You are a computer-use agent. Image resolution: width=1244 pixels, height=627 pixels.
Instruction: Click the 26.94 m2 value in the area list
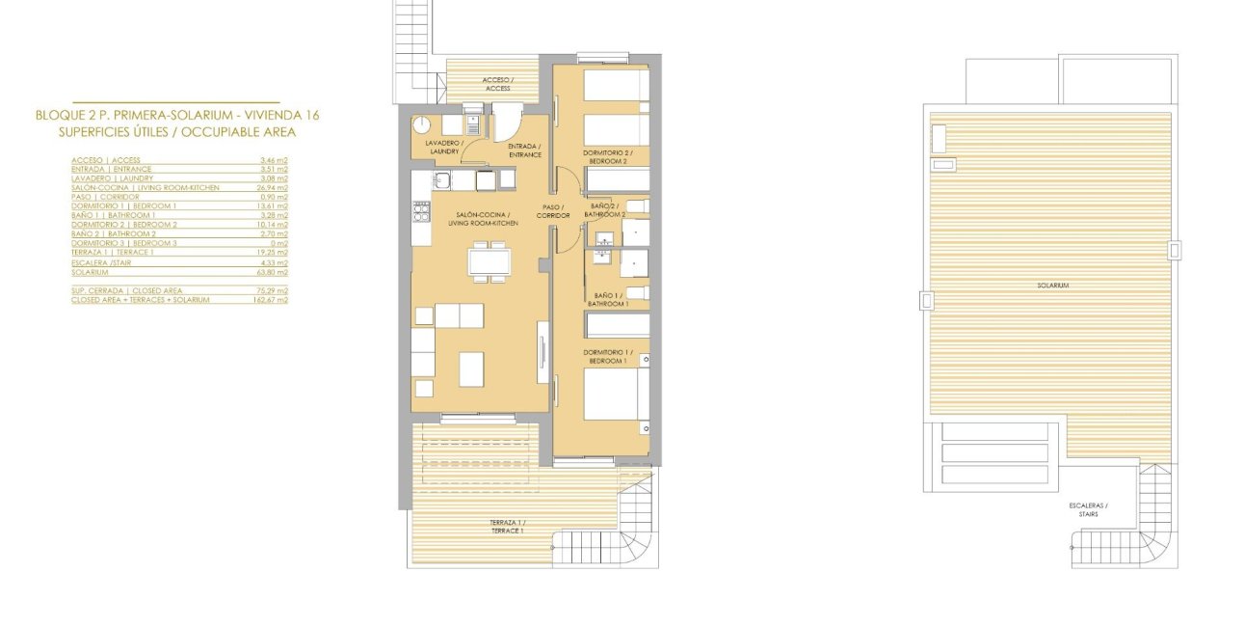pos(274,187)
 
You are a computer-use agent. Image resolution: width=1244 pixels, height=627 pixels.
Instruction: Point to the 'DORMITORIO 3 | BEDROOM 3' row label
pos(123,243)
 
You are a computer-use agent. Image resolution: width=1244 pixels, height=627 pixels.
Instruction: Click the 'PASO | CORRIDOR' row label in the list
pos(105,197)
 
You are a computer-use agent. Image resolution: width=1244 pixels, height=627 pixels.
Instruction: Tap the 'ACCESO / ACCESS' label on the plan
pos(497,84)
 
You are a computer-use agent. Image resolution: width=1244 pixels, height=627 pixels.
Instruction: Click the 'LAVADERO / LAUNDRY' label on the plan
pos(444,147)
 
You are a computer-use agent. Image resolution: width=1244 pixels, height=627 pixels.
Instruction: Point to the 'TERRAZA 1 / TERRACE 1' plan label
pos(508,527)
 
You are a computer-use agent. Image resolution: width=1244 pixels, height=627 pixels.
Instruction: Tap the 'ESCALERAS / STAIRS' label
pos(1088,510)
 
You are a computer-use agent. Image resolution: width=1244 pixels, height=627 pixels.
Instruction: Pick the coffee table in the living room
pos(470,368)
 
